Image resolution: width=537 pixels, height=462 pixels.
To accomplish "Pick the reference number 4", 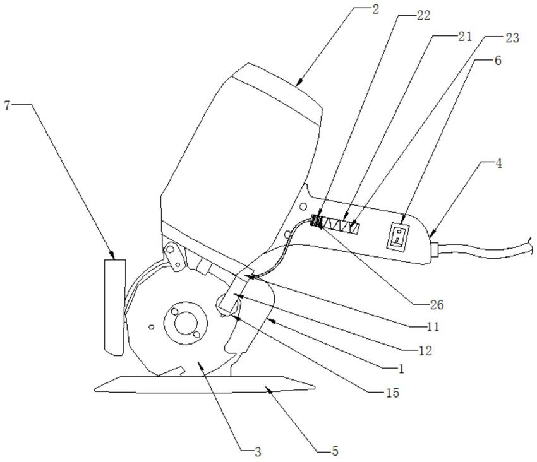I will (499, 163).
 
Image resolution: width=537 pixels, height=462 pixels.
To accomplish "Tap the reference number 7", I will (7, 105).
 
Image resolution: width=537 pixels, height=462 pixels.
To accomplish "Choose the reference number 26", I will (437, 305).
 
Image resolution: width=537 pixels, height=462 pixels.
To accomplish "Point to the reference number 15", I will (392, 393).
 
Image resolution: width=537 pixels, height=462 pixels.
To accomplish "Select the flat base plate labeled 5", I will (202, 384).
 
